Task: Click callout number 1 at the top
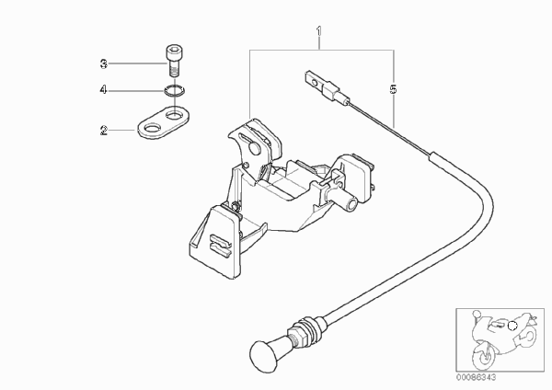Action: (319, 31)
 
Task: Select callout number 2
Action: (103, 131)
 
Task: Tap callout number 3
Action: (103, 64)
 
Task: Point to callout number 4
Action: (103, 90)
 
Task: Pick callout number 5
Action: (393, 89)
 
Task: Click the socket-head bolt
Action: (174, 61)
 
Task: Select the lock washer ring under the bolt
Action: (174, 91)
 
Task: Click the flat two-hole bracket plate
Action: (163, 122)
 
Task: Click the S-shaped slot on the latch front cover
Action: (220, 244)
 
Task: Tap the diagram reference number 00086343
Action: (476, 377)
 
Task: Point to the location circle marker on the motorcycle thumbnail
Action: (513, 327)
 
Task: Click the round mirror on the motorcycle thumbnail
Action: (477, 314)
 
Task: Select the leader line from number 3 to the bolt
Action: (136, 64)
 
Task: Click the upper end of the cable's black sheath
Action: (432, 155)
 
